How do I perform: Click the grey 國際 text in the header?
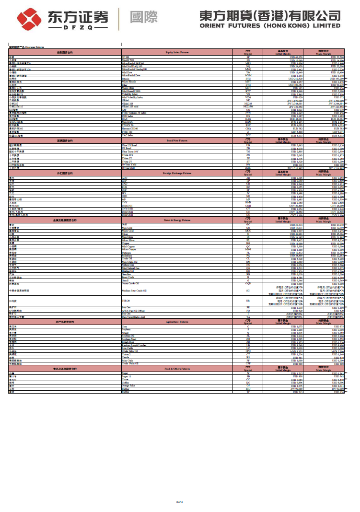pos(144,17)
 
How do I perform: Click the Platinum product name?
pos(127,253)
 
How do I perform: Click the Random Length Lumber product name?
pos(136,344)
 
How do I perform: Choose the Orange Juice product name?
pos(129,386)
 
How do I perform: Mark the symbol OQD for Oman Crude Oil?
pos(248,283)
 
